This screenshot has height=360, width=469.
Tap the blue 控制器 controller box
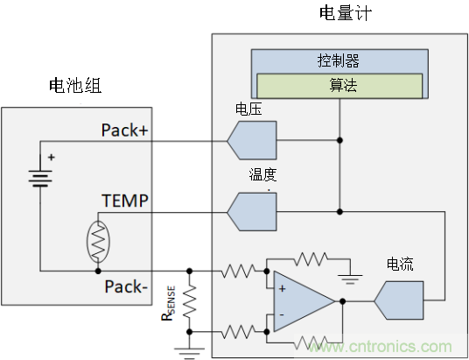click(x=338, y=61)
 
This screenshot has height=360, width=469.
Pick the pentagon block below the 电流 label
click(x=399, y=300)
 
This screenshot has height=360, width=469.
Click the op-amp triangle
click(x=300, y=300)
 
